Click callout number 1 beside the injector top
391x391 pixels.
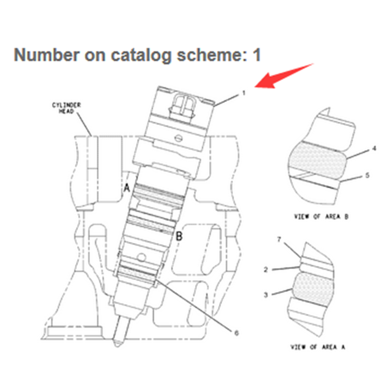point(244,93)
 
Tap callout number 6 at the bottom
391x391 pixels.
point(237,333)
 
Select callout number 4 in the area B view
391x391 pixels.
point(374,149)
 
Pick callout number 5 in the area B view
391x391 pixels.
point(367,175)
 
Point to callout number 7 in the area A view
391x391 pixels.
point(279,239)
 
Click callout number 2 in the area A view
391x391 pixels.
point(266,270)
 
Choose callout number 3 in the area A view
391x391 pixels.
point(266,295)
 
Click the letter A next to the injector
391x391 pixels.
point(127,188)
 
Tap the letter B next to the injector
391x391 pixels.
point(179,236)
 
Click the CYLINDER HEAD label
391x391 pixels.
point(66,108)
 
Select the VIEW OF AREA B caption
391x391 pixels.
point(321,217)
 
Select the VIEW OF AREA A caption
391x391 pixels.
point(318,347)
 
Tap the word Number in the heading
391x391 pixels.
point(46,55)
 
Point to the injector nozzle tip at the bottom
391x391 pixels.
point(118,344)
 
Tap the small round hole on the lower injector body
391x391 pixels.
point(142,257)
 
